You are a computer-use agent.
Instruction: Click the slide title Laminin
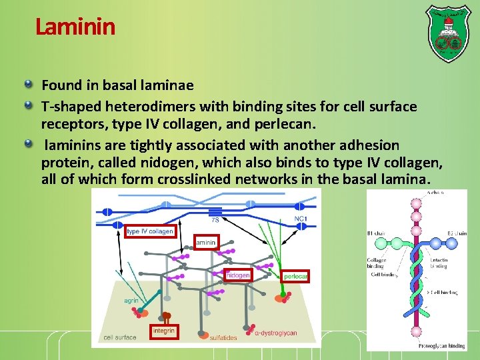pyautogui.click(x=75, y=27)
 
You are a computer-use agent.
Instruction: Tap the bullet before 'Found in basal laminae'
pyautogui.click(x=29, y=85)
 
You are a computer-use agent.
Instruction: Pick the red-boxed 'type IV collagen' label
pyautogui.click(x=150, y=231)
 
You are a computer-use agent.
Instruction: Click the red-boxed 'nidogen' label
pyautogui.click(x=238, y=275)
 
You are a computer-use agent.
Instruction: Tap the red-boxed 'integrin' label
pyautogui.click(x=164, y=331)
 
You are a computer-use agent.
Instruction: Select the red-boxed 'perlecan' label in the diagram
pyautogui.click(x=295, y=276)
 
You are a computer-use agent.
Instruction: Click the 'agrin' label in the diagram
pyautogui.click(x=131, y=300)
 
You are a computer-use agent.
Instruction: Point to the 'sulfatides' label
pyautogui.click(x=223, y=338)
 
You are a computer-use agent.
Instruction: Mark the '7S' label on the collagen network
pyautogui.click(x=215, y=220)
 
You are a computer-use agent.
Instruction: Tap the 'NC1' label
pyautogui.click(x=301, y=219)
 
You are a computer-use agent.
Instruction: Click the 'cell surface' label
pyautogui.click(x=120, y=337)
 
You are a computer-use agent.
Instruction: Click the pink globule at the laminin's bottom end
pyautogui.click(x=417, y=331)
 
